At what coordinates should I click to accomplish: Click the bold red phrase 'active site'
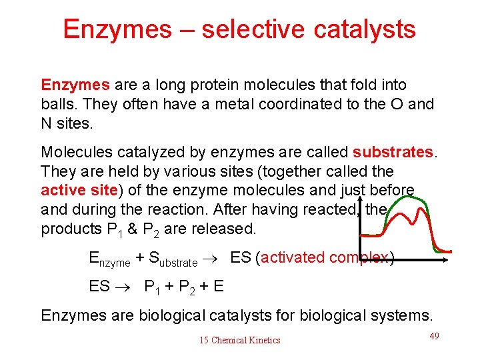[x=79, y=191]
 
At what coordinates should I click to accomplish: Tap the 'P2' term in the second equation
[x=189, y=287]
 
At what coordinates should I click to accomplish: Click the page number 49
[x=434, y=336]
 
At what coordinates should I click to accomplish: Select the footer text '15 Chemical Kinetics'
[x=240, y=341]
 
